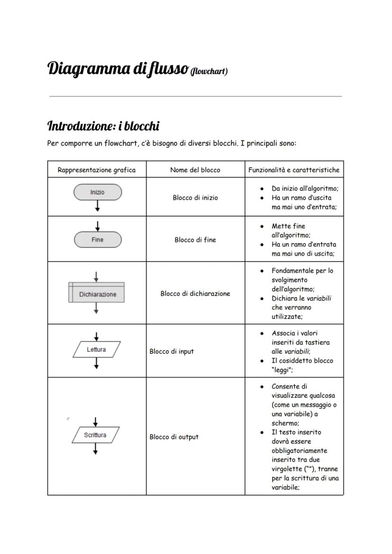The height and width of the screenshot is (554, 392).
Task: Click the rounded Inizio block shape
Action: click(98, 192)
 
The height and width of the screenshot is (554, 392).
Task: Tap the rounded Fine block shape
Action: click(98, 240)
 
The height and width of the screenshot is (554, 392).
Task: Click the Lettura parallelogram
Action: click(97, 350)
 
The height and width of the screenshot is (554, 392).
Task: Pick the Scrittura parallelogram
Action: click(95, 435)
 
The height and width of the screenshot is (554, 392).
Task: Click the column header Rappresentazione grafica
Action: click(97, 170)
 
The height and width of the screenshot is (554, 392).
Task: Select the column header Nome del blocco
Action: click(195, 170)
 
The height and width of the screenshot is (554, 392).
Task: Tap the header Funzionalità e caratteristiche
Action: click(294, 170)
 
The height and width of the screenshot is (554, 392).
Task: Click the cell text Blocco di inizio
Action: click(195, 198)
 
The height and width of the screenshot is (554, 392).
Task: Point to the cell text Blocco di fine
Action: click(195, 240)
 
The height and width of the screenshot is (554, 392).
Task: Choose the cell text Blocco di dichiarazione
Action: click(195, 293)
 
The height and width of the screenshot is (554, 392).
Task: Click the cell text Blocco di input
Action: click(171, 352)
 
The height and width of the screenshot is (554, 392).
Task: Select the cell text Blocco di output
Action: click(174, 437)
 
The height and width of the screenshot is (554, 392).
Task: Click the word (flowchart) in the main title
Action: click(209, 72)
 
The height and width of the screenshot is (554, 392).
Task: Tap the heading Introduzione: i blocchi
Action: click(103, 126)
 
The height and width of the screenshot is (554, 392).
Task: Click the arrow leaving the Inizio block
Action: click(98, 206)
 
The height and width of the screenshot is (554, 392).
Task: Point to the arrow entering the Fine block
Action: click(98, 226)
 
